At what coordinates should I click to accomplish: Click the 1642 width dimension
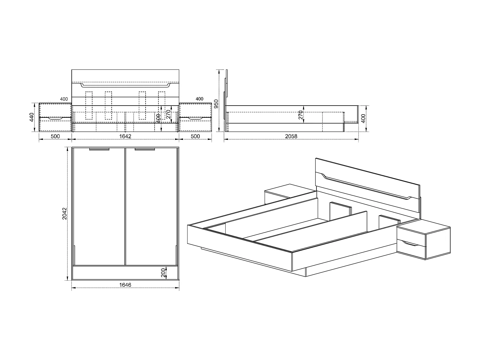125,136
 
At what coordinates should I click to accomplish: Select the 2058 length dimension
291,136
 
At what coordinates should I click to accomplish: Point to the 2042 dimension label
64,214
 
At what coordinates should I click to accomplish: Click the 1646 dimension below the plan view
125,284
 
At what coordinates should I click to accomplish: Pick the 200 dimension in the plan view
163,273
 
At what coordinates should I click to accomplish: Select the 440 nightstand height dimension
31,117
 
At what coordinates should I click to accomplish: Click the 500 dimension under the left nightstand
55,136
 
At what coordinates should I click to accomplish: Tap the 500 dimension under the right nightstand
195,136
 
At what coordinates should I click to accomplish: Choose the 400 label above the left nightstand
64,99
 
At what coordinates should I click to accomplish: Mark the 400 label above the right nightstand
199,99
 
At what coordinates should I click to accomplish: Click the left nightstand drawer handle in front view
55,119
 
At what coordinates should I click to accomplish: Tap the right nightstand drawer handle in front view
195,119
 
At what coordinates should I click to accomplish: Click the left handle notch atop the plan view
99,149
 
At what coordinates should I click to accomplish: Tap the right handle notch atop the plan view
145,149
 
